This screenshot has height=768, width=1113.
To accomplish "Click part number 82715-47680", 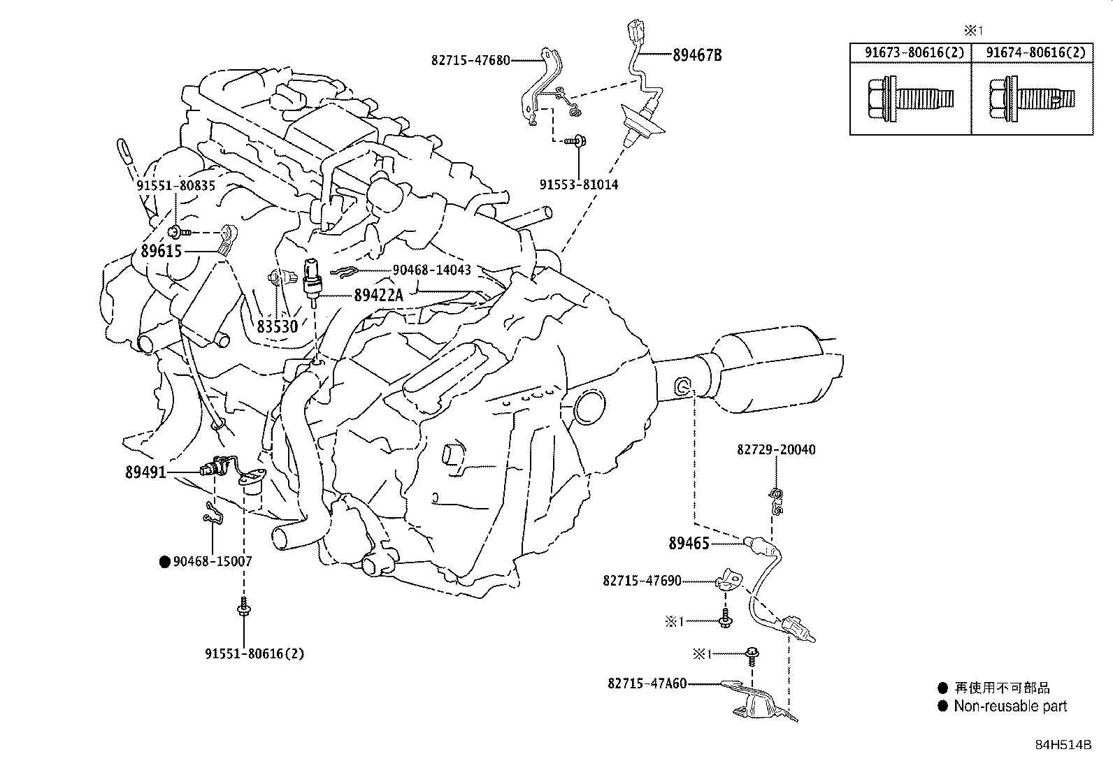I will point(471,60).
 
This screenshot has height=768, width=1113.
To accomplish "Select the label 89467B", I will point(696,55).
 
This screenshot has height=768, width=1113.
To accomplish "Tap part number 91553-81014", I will point(578,185).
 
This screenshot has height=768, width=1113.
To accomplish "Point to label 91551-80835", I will point(175,186).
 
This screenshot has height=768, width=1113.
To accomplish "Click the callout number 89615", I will point(161,251).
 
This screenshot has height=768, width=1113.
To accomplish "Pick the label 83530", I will point(277,326).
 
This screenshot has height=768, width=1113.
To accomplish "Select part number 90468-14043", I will point(431,270).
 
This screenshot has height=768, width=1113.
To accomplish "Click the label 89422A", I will point(379,296).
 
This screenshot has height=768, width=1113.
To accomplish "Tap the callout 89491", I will point(145,472).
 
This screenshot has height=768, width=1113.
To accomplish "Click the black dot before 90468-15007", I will point(165,561).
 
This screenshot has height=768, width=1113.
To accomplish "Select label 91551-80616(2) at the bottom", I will point(254,654).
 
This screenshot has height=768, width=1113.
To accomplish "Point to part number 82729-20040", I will point(776,450).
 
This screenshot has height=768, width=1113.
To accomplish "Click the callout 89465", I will point(689,543).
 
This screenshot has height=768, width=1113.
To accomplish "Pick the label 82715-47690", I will point(642,581).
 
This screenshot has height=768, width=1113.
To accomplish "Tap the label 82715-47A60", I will point(647,683).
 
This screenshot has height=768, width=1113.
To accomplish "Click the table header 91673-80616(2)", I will point(910,52).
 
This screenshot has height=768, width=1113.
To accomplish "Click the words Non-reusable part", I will point(1010,707).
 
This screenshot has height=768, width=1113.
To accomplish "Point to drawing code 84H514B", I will point(1063,744).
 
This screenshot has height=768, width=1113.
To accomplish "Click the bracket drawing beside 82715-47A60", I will point(759,701).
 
